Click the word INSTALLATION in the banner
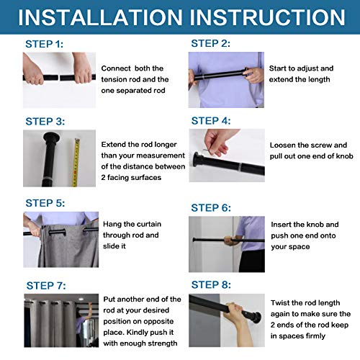coord(100,17)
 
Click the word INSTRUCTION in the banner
coord(268,17)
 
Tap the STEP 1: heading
coord(45,44)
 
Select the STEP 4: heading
coord(211,121)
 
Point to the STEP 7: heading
coord(46,286)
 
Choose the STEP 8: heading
coord(211,285)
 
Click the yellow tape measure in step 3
coord(76,163)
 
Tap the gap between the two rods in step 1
coord(59,78)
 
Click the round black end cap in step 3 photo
coord(52,138)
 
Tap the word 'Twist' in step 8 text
coord(279,303)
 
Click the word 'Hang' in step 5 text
coord(111,225)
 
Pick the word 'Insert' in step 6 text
coord(281,225)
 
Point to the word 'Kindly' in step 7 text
coord(138,333)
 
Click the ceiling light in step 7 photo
coord(81,299)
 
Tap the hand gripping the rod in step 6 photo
coord(230,240)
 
